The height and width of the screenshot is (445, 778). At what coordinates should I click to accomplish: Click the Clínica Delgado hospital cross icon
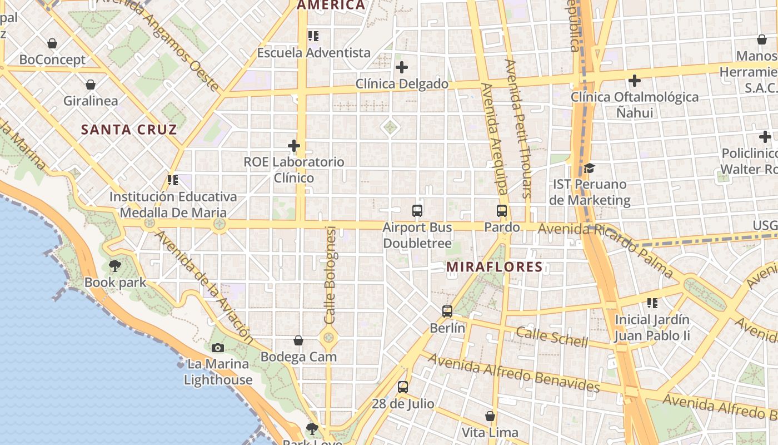[x=401, y=68]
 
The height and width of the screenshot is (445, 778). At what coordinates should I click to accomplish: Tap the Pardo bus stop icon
[x=502, y=211]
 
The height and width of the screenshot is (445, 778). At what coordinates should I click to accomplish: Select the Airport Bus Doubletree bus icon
[x=417, y=211]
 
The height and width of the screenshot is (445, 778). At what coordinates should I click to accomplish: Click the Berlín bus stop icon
[x=447, y=311]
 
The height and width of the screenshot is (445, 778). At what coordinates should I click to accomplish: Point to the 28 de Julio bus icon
[x=403, y=387]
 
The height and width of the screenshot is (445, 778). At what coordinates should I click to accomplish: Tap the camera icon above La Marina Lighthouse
[x=218, y=348]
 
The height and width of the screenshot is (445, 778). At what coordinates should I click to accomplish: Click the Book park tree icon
[x=115, y=266]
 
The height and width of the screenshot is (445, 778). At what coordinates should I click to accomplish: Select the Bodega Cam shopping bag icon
[x=298, y=340]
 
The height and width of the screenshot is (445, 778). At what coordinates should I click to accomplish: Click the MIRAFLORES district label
[x=494, y=267]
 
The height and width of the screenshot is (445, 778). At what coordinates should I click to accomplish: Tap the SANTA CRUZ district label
[x=129, y=130]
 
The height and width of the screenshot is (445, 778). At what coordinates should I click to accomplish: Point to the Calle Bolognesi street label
[x=330, y=275]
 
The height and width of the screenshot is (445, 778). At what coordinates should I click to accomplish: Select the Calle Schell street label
[x=551, y=337]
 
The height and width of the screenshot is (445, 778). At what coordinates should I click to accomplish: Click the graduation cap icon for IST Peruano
[x=589, y=168]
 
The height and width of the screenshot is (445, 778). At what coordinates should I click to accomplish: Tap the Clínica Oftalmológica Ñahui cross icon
[x=634, y=81]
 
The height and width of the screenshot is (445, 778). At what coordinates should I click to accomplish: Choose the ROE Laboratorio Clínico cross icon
[x=294, y=146]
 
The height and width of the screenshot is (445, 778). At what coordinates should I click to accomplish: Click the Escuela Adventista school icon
[x=313, y=37]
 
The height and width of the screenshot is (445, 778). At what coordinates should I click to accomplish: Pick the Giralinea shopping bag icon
[x=91, y=85]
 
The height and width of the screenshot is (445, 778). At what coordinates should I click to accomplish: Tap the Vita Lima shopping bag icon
[x=490, y=416]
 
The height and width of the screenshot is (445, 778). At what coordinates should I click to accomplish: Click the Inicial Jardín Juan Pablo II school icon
[x=652, y=303]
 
